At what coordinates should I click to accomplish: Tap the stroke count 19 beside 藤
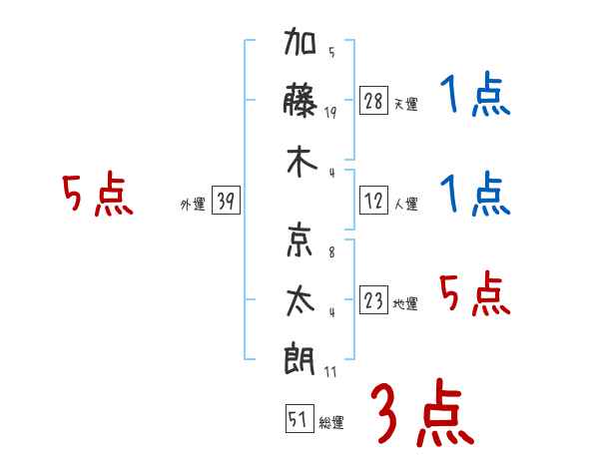click(x=330, y=113)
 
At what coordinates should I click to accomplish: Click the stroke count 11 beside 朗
click(x=330, y=371)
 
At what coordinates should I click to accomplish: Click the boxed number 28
click(x=373, y=102)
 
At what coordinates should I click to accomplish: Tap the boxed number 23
click(x=373, y=301)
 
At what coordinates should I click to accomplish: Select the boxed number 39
click(x=226, y=203)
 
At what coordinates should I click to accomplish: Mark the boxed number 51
click(x=298, y=420)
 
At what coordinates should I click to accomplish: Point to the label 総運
click(x=330, y=423)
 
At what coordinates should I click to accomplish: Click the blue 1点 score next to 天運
click(x=474, y=98)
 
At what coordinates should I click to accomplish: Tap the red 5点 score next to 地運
click(x=474, y=294)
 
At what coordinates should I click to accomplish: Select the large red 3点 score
click(x=422, y=412)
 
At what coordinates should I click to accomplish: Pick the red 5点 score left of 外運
click(x=97, y=196)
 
